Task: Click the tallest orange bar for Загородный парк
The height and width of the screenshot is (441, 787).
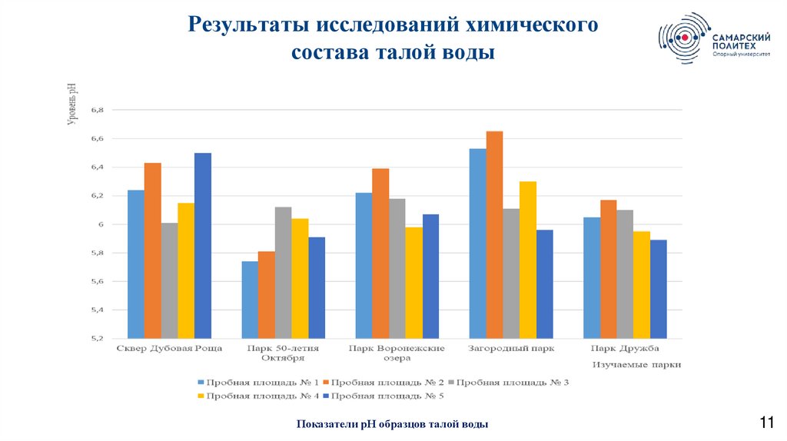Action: tap(494, 234)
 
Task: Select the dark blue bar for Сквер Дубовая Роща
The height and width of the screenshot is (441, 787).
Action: tap(203, 245)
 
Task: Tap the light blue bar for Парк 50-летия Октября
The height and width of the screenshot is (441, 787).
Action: tap(250, 300)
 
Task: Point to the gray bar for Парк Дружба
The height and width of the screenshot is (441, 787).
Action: tap(625, 274)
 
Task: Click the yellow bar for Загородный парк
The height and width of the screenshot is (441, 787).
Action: tap(528, 260)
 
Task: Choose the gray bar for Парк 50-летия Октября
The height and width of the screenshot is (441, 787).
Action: tap(283, 273)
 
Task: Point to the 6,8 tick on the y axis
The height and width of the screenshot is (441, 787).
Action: tap(97, 110)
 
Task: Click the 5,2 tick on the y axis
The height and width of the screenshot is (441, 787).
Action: tap(97, 339)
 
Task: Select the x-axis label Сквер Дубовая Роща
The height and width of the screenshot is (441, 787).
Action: tap(170, 349)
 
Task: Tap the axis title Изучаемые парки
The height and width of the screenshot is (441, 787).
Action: tap(636, 365)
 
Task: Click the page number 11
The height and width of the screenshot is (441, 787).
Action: tap(766, 421)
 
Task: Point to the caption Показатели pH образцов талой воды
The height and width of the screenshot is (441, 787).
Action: tap(392, 424)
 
